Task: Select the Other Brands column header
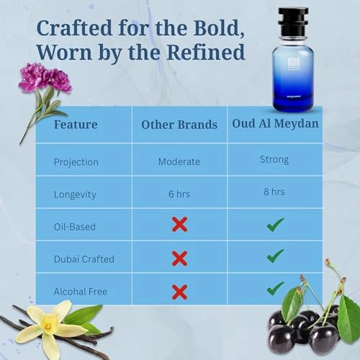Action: click(x=179, y=125)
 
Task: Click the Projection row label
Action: click(x=77, y=161)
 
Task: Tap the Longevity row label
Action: click(x=76, y=193)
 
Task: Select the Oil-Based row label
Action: click(x=75, y=226)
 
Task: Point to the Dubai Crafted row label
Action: click(x=84, y=258)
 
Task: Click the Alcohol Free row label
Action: click(x=81, y=291)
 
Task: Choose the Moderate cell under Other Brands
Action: click(x=179, y=161)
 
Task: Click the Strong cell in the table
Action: click(x=274, y=160)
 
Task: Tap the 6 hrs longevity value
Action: click(x=179, y=193)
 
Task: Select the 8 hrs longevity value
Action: click(x=274, y=192)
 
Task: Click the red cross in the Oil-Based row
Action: click(x=179, y=225)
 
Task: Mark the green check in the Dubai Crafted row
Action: click(x=275, y=256)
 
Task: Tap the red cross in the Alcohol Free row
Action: click(x=179, y=292)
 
